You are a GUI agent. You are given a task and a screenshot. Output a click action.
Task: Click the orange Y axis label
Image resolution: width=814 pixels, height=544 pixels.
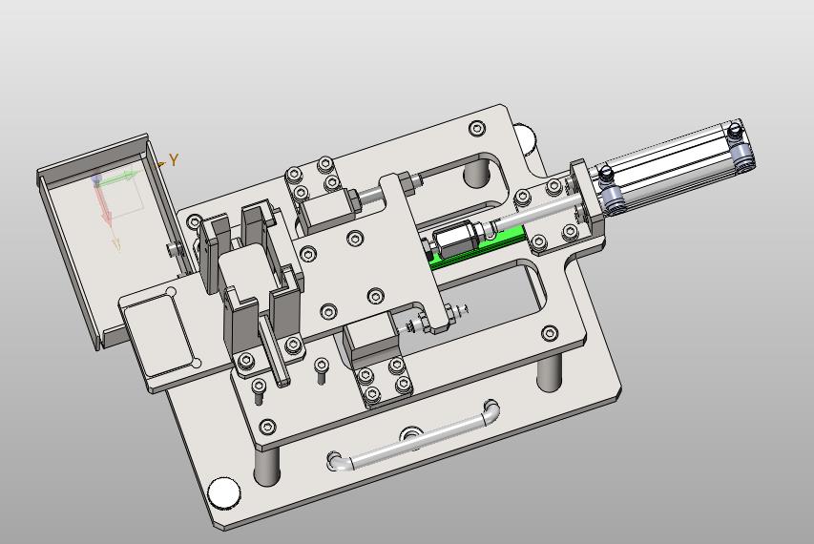pos(174,159)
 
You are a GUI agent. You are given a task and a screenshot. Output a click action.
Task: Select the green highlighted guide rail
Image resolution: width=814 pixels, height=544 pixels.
pos(477,247)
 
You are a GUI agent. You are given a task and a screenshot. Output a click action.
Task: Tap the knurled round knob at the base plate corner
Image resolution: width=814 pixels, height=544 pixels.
pos(223,492)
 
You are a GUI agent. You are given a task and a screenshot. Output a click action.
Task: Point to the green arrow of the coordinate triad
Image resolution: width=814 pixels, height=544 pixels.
pos(120,178)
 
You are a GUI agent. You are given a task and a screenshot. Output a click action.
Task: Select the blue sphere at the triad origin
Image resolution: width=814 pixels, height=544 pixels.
pos(96,179)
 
